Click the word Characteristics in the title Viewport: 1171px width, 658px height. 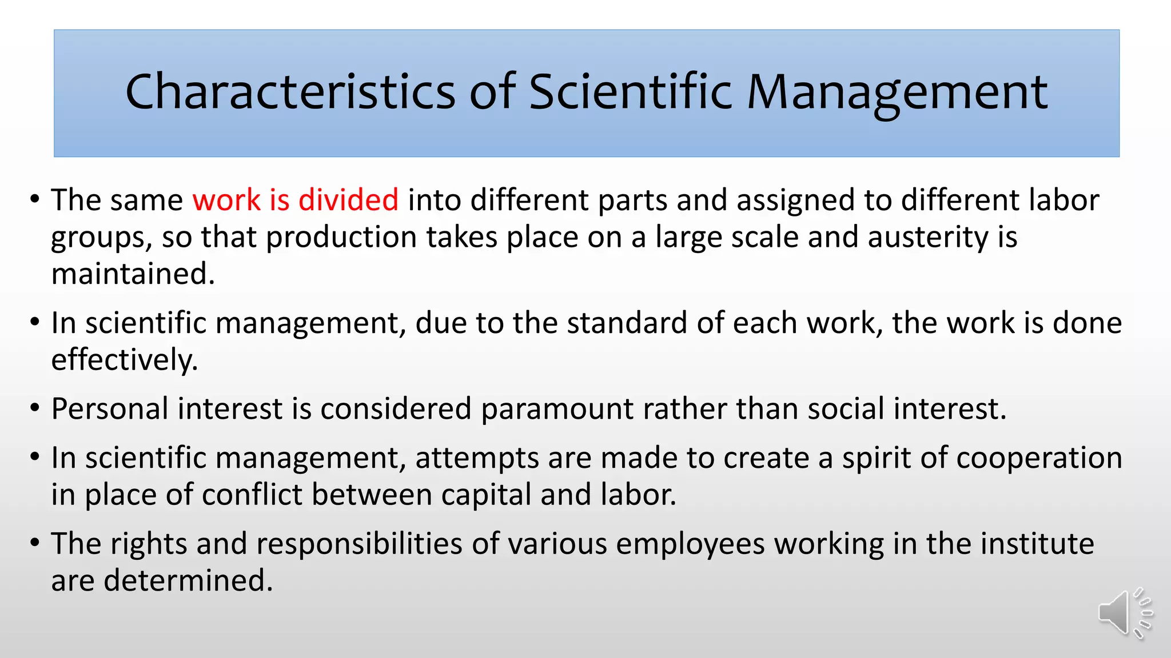point(290,91)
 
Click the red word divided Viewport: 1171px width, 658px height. point(348,200)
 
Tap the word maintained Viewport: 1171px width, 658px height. point(133,274)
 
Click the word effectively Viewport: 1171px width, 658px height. point(124,360)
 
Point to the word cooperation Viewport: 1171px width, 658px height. point(1039,458)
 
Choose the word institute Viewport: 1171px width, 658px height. point(1037,543)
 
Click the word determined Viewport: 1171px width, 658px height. point(188,580)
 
